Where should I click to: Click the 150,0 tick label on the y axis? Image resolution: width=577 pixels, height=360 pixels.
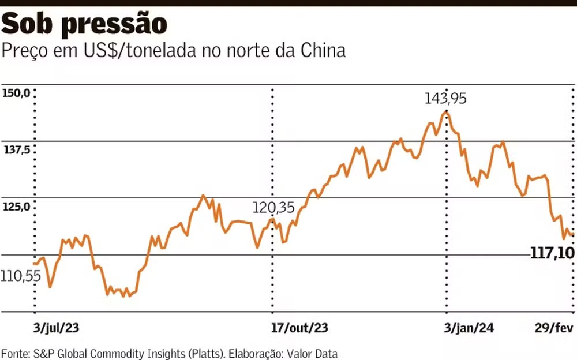pyautogui.click(x=16, y=93)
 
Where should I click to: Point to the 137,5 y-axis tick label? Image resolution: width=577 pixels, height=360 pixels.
pyautogui.click(x=16, y=150)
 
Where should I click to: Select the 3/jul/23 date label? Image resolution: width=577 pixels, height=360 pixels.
pyautogui.click(x=56, y=328)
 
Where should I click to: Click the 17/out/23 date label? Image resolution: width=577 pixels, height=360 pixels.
pyautogui.click(x=299, y=328)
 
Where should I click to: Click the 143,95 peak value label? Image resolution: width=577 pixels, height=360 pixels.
pyautogui.click(x=445, y=99)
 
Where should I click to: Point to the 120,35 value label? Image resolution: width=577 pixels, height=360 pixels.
pyautogui.click(x=273, y=208)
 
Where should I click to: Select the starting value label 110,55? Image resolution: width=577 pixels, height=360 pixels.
pyautogui.click(x=21, y=277)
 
